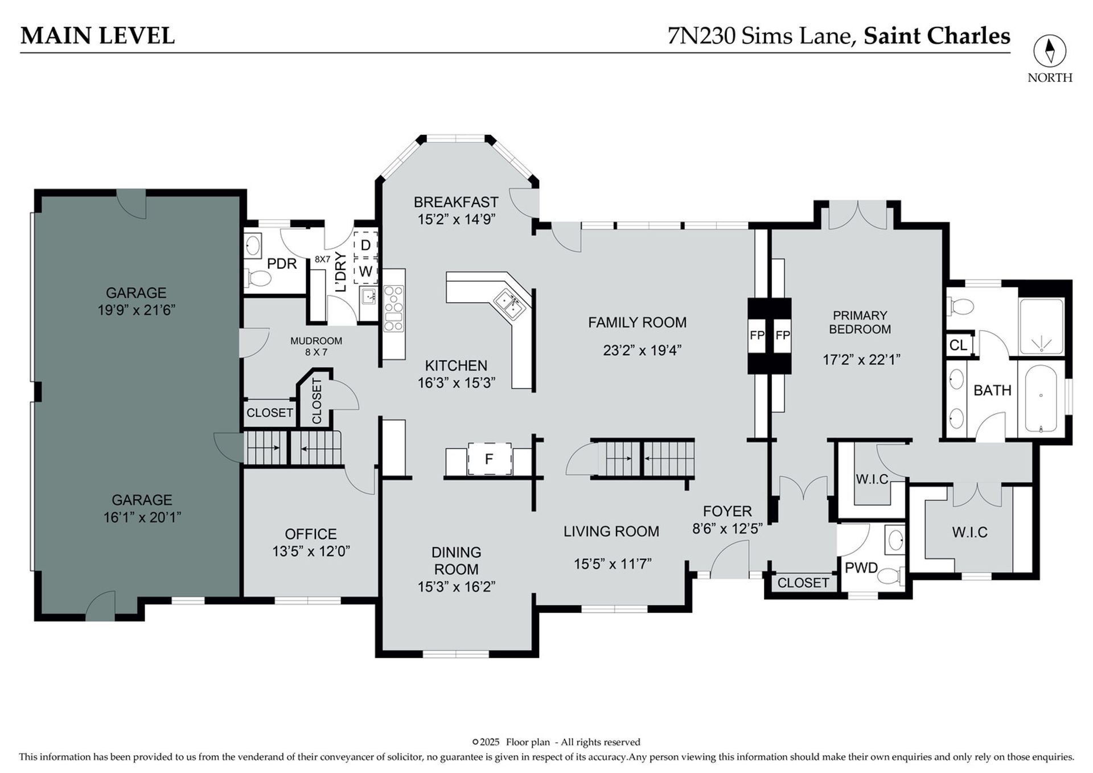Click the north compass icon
(1050, 51)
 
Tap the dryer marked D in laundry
(365, 245)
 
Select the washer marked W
(365, 271)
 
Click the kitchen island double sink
(509, 302)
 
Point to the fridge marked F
(489, 458)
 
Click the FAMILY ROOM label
(637, 323)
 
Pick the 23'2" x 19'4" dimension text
(642, 350)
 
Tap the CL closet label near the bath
(958, 345)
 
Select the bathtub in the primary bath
(1041, 398)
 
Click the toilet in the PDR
(260, 278)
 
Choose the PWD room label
(861, 568)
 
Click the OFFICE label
(311, 534)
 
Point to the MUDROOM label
(316, 341)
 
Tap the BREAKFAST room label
(456, 202)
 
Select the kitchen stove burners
(393, 308)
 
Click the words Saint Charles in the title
(937, 36)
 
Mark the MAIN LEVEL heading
(97, 36)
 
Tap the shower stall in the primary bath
(1041, 326)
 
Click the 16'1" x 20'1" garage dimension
(142, 517)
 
